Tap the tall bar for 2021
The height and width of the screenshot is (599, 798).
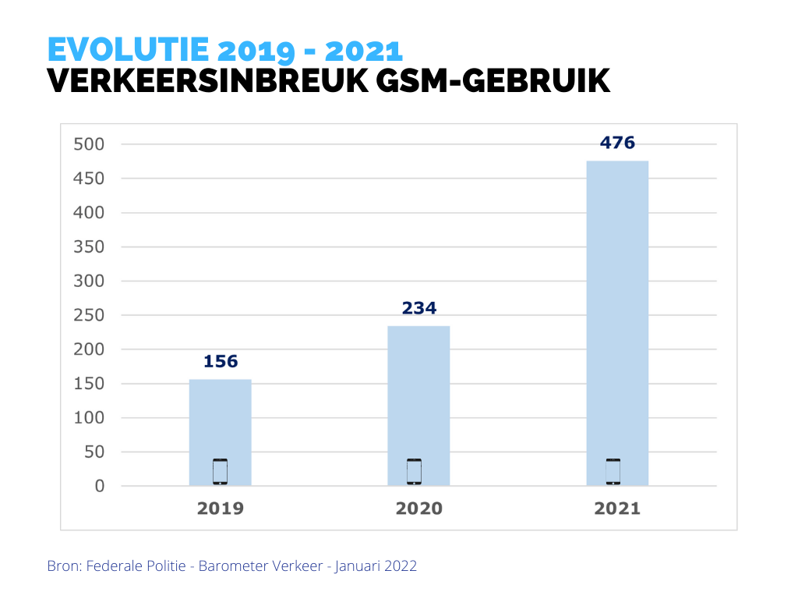(617, 312)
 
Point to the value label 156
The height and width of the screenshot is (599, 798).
(221, 362)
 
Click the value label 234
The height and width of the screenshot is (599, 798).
(419, 308)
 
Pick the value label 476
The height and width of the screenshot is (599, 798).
(617, 143)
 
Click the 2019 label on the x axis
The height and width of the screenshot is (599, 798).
(221, 509)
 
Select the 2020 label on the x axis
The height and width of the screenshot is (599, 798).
(419, 509)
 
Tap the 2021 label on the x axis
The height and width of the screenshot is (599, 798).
(617, 509)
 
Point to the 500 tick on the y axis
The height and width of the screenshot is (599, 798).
(89, 144)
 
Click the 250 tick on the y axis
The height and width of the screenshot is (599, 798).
(89, 315)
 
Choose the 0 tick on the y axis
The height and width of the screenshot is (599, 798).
(99, 486)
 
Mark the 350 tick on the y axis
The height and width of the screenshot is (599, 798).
(89, 246)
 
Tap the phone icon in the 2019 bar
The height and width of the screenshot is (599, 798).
(220, 472)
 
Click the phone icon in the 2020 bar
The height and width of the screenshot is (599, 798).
(414, 472)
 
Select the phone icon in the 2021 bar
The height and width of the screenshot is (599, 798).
(613, 472)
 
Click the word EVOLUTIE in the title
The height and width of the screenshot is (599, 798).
(128, 51)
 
